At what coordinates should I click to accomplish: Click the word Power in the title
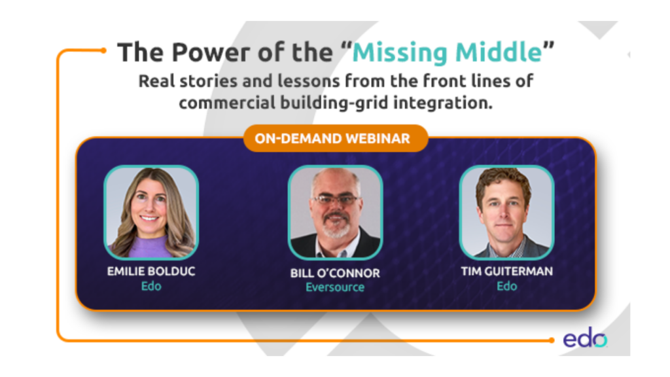[x=211, y=52]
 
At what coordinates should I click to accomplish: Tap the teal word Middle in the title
[x=499, y=52]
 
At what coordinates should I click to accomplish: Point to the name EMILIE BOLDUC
[x=151, y=272]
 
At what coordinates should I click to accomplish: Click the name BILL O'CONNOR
[x=335, y=273]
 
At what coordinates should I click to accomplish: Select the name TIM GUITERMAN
[x=507, y=272]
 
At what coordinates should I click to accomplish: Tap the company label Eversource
[x=335, y=287]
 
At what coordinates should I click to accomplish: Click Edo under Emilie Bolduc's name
[x=151, y=286]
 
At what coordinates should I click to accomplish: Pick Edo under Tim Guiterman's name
[x=507, y=286]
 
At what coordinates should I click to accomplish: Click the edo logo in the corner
[x=585, y=338]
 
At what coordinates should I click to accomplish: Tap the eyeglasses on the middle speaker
[x=336, y=200]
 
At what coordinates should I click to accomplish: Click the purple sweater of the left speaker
[x=147, y=247]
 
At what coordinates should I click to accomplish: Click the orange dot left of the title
[x=103, y=50]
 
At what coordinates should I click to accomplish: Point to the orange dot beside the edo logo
[x=552, y=340]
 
